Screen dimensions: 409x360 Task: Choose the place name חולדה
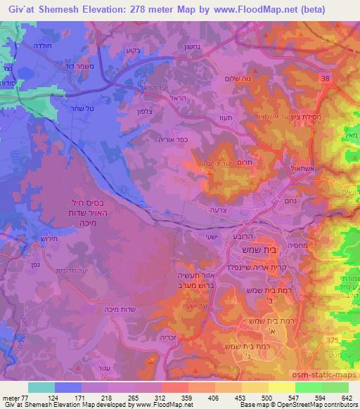pos(33,46)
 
